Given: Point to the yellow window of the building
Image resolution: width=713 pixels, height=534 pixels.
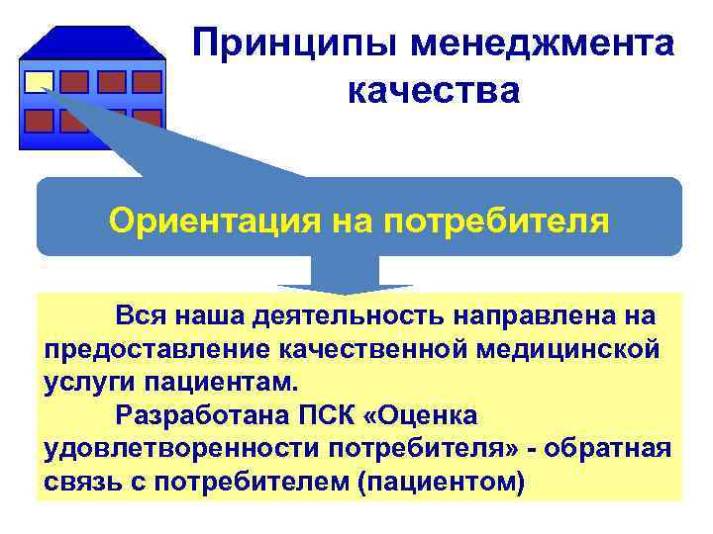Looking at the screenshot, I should (40, 81).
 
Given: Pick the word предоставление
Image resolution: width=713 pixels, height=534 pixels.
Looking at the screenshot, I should (158, 350).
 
